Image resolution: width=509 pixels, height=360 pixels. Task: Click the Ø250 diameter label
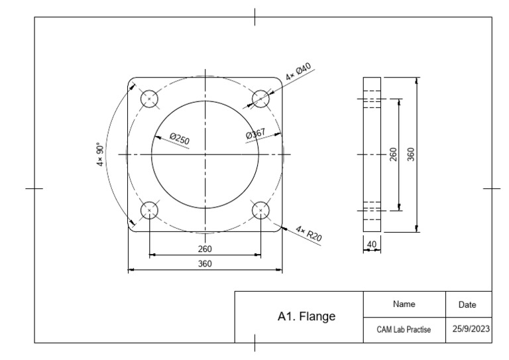(179, 139)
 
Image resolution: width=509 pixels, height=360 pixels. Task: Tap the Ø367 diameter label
(255, 134)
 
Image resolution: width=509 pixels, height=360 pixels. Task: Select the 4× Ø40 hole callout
(299, 72)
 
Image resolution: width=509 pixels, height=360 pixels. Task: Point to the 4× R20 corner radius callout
(308, 234)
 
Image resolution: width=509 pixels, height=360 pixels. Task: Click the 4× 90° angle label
(101, 154)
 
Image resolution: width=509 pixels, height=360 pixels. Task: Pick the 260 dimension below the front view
(205, 249)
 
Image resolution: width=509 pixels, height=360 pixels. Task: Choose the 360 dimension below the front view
(205, 264)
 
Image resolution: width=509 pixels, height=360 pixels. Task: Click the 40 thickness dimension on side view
(372, 245)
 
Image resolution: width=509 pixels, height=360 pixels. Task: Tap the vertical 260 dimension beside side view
(393, 155)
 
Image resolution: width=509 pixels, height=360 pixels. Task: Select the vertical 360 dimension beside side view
(411, 154)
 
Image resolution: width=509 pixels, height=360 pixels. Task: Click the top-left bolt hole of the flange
(150, 99)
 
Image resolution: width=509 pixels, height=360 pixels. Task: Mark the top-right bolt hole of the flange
(260, 99)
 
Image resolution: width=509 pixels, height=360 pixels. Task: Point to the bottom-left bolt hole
(150, 210)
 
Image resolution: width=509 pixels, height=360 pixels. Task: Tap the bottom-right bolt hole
(260, 210)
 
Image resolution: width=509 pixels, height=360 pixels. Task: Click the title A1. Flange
(306, 316)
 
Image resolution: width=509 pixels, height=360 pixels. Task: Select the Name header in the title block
(404, 304)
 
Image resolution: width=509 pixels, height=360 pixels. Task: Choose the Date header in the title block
(468, 305)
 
